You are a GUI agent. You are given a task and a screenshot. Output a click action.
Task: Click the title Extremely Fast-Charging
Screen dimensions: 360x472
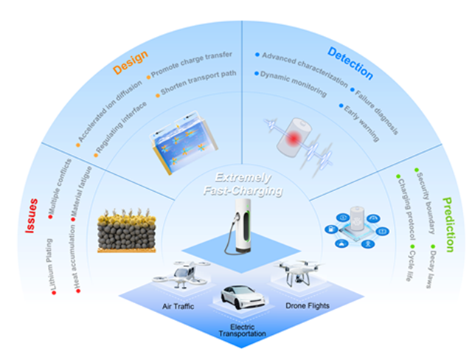(x=237, y=184)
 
